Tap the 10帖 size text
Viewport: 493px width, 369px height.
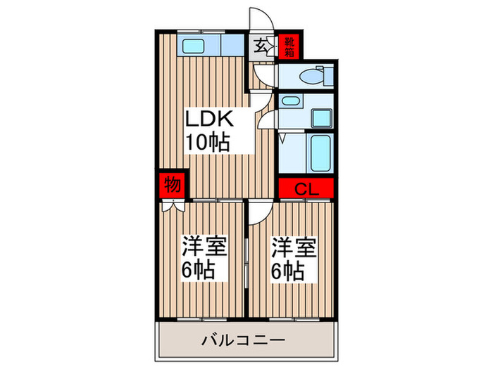click(206, 143)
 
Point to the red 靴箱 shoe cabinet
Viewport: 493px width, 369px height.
click(289, 46)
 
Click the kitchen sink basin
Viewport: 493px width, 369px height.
click(192, 47)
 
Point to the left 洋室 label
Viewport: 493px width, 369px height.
click(204, 247)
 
